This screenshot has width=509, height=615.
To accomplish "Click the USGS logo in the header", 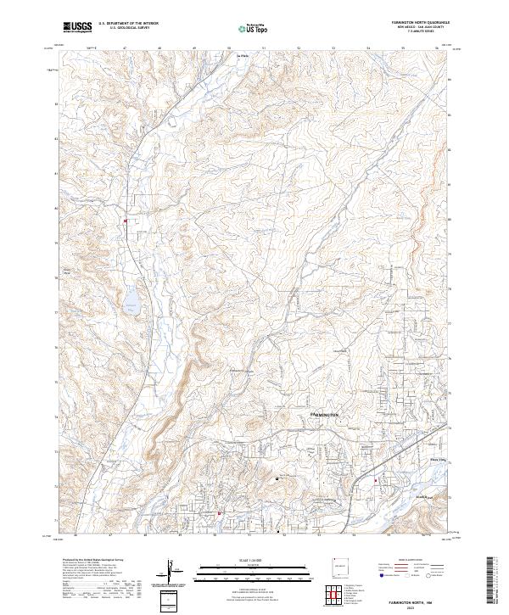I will pos(77,27).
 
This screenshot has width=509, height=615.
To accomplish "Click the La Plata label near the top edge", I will pos(240,56).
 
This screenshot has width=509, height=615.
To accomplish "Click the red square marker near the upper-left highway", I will pos(126,222).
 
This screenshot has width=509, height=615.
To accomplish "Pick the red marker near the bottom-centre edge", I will pos(219,513).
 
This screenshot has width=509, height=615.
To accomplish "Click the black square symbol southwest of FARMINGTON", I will pos(277,478).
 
